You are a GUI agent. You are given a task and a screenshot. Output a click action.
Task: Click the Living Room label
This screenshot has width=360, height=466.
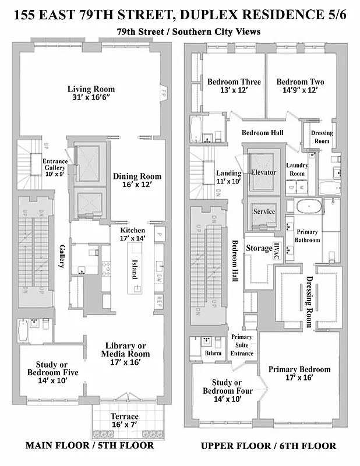tap(91, 89)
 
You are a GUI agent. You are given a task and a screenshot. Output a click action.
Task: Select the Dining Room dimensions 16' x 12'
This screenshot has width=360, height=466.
tap(137, 185)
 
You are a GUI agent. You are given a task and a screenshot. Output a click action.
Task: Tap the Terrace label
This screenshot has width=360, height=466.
tap(125, 416)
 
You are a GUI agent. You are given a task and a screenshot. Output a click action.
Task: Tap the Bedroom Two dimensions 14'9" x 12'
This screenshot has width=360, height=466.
tap(300, 91)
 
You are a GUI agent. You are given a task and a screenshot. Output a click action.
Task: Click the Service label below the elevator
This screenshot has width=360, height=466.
tap(263, 211)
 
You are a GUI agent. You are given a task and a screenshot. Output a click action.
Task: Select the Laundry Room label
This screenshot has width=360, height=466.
tap(297, 170)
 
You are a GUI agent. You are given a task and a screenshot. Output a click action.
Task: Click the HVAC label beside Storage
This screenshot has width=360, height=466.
tap(277, 248)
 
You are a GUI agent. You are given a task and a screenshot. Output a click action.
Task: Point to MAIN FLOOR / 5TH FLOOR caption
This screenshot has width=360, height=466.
tap(89, 446)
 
